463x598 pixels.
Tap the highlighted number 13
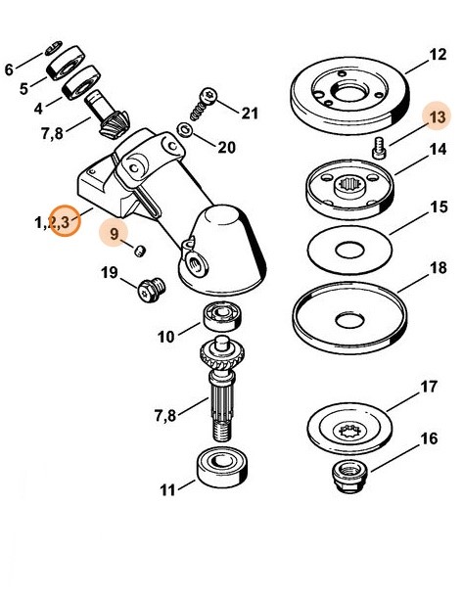point(436,117)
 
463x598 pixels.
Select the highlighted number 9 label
point(116,233)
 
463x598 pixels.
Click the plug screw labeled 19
point(150,289)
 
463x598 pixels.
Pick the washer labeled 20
point(187,132)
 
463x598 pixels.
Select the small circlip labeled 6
point(55,47)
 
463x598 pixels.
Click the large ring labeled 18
point(349,319)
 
